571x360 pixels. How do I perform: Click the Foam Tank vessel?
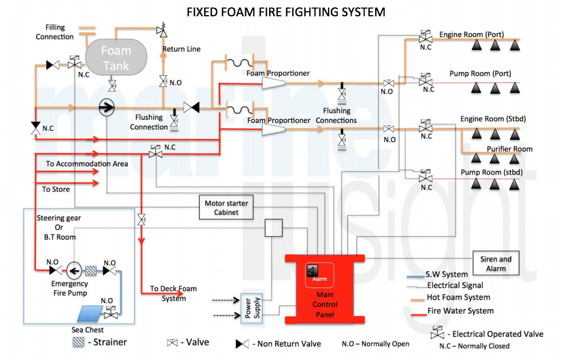(116, 58)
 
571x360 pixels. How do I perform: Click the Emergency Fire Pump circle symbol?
(74, 270)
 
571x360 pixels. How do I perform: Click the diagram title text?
(286, 11)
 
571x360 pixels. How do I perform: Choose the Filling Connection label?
(55, 32)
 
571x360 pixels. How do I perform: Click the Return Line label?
(182, 49)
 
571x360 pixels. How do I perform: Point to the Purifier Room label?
(509, 149)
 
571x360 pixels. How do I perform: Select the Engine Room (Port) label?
(471, 35)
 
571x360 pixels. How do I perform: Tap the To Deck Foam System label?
(173, 293)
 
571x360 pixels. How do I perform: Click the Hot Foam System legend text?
(458, 297)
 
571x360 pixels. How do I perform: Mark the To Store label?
(56, 189)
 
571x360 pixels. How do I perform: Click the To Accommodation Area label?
(87, 164)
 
